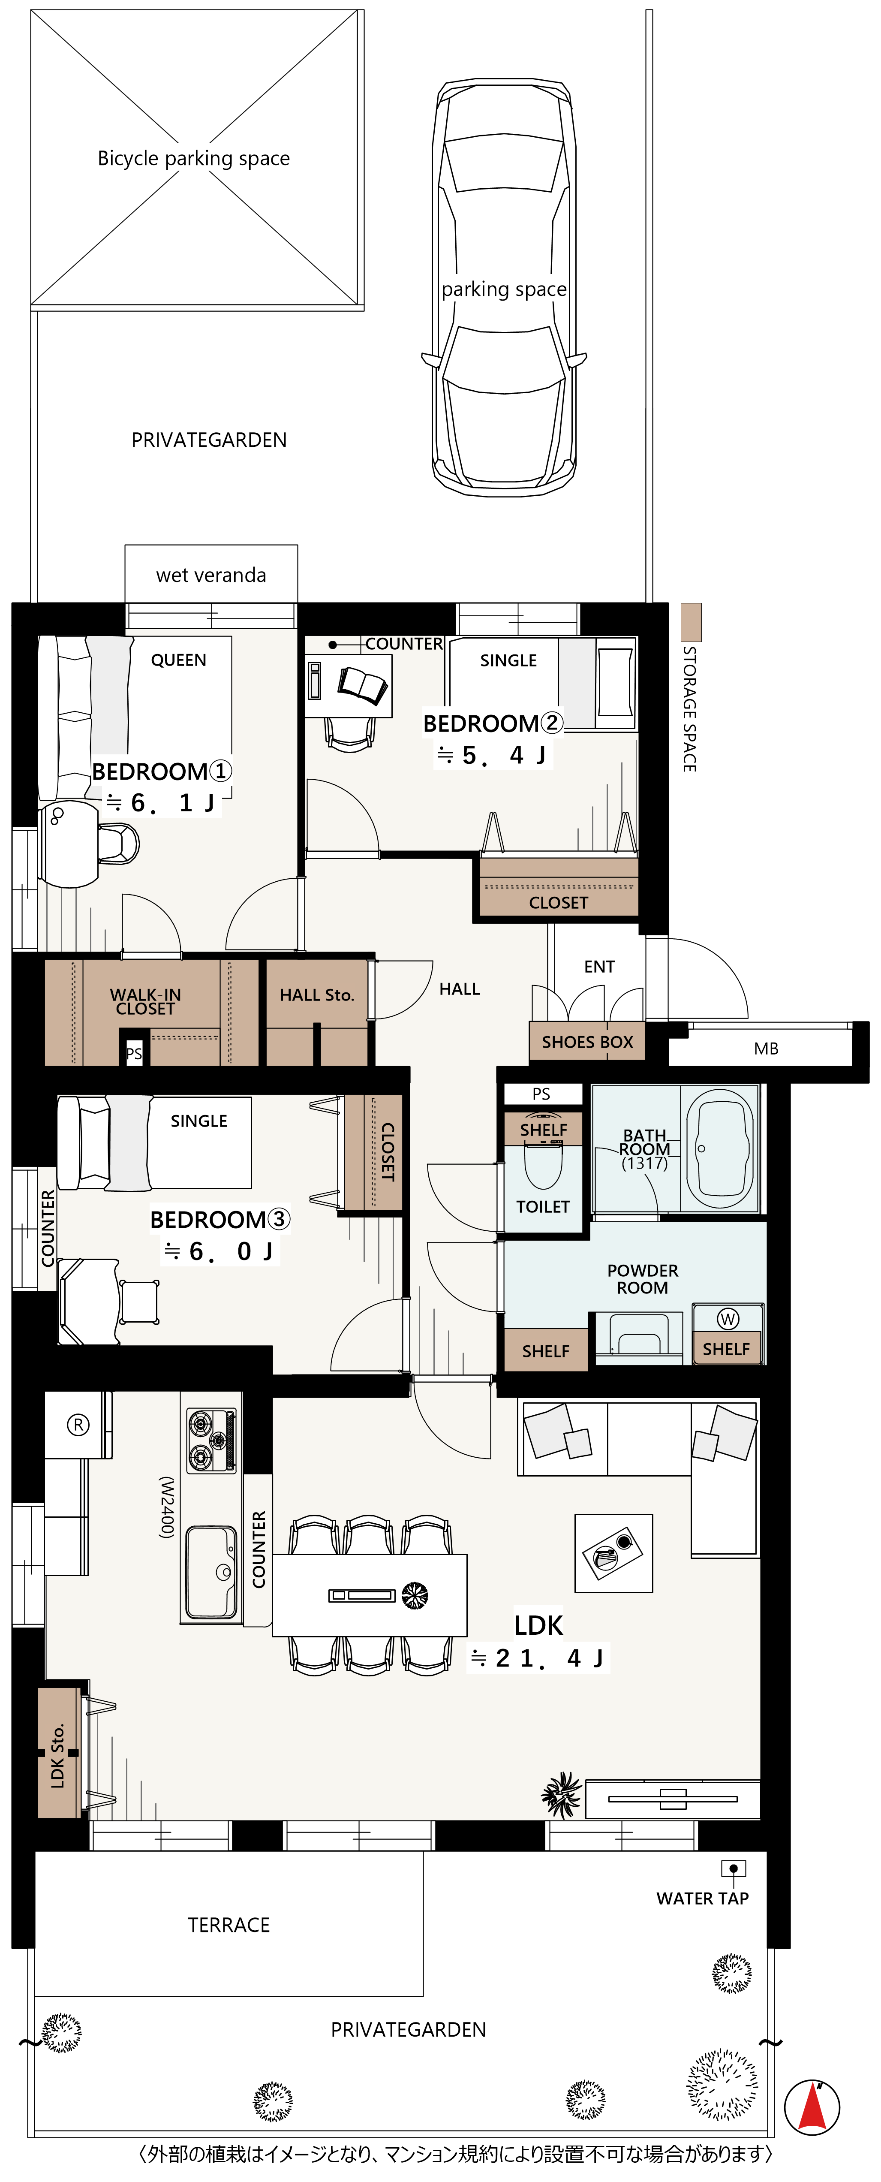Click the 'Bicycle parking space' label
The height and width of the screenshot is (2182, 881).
click(x=193, y=158)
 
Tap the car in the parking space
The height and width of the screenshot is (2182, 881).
click(x=505, y=288)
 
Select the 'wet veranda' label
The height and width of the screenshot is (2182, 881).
click(x=211, y=576)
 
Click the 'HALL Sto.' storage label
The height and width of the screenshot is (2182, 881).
click(x=317, y=995)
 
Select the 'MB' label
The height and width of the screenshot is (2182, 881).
click(x=766, y=1049)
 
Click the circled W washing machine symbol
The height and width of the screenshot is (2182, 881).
click(x=728, y=1319)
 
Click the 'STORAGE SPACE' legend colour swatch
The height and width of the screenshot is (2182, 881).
click(x=691, y=622)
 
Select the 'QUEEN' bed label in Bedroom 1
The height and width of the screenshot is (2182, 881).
click(x=179, y=660)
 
